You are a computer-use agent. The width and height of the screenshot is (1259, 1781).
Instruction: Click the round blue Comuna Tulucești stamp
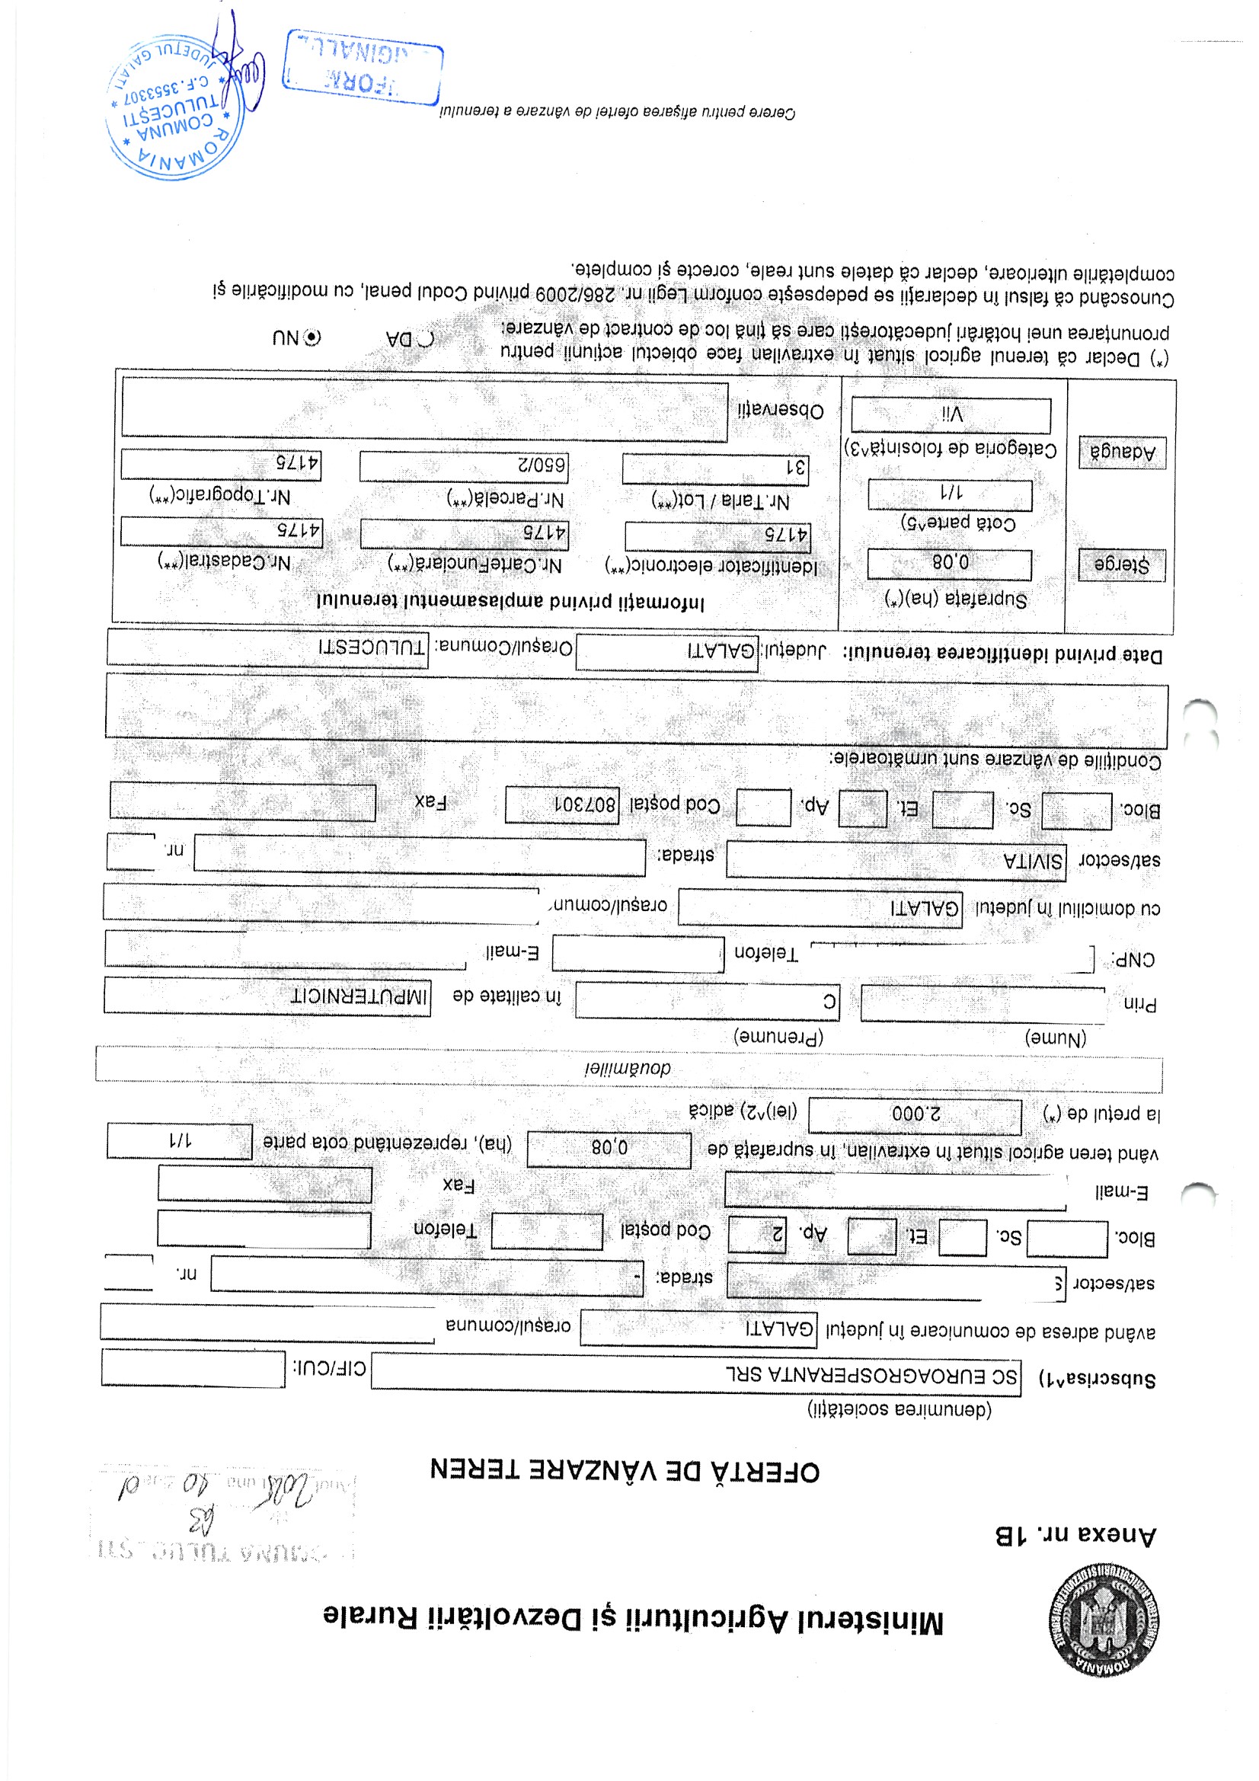coord(174,107)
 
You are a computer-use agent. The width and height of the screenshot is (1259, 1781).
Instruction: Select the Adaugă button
coord(1122,452)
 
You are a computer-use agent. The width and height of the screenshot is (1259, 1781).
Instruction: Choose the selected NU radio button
coord(312,337)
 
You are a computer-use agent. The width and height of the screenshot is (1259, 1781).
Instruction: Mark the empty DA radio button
coord(426,339)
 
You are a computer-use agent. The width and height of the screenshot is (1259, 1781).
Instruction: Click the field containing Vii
coord(951,415)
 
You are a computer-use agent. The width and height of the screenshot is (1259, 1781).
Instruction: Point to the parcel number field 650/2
coord(464,467)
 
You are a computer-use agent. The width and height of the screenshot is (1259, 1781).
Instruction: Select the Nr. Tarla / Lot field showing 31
coord(715,468)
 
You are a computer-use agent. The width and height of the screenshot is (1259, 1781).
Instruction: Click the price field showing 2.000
coord(915,1115)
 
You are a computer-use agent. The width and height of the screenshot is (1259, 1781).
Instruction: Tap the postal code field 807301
coord(561,804)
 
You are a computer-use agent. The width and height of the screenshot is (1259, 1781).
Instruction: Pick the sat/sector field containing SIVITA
coord(895,861)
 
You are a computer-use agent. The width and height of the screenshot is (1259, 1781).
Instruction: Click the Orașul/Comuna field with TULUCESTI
coord(267,647)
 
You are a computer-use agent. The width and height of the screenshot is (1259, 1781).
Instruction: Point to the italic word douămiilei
coord(628,1068)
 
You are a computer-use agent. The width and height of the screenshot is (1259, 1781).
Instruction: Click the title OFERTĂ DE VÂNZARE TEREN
coord(625,1471)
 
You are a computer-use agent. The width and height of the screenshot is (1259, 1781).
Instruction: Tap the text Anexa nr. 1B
coord(1075,1535)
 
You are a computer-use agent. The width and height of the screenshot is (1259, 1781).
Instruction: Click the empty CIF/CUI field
coord(193,1368)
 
